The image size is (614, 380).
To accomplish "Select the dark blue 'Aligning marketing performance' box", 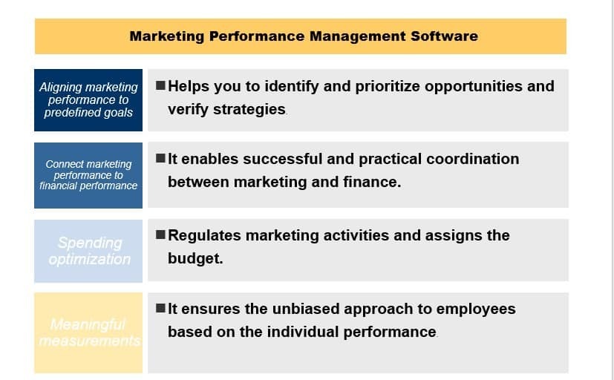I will click(88, 100).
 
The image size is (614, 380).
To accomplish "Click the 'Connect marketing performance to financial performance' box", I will click(88, 175).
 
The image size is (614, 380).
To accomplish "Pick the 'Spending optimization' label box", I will click(89, 251).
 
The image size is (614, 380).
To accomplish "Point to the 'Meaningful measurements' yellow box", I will click(88, 332).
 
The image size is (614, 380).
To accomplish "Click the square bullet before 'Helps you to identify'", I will click(161, 85).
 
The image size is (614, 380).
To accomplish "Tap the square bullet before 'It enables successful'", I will click(161, 159).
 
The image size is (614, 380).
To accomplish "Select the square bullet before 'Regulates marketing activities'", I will click(161, 235).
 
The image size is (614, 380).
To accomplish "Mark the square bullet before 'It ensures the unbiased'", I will click(161, 309).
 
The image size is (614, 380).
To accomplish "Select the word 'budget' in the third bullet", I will click(194, 260).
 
